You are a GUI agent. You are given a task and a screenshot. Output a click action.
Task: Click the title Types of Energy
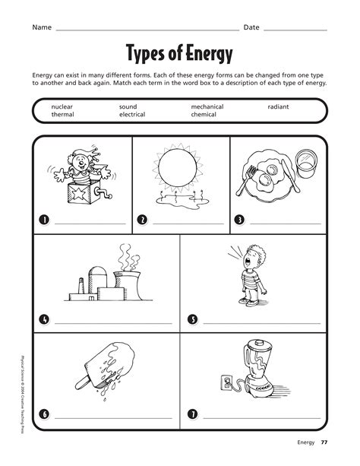179,55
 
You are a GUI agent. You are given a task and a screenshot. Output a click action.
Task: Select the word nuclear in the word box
62,107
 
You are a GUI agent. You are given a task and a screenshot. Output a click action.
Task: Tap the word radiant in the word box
278,107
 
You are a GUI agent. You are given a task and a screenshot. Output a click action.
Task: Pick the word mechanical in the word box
207,107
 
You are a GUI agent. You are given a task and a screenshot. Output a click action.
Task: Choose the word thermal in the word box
62,115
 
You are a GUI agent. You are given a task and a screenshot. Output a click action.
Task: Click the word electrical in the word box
132,115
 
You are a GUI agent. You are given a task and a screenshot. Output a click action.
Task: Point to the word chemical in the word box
204,115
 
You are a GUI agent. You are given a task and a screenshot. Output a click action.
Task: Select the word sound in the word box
128,107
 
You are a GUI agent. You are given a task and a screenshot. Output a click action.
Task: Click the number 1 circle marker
44,220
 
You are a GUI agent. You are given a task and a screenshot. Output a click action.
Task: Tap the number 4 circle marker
44,319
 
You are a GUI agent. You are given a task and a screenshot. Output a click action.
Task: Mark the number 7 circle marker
192,414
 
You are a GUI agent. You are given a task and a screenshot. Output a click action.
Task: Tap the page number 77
324,442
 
